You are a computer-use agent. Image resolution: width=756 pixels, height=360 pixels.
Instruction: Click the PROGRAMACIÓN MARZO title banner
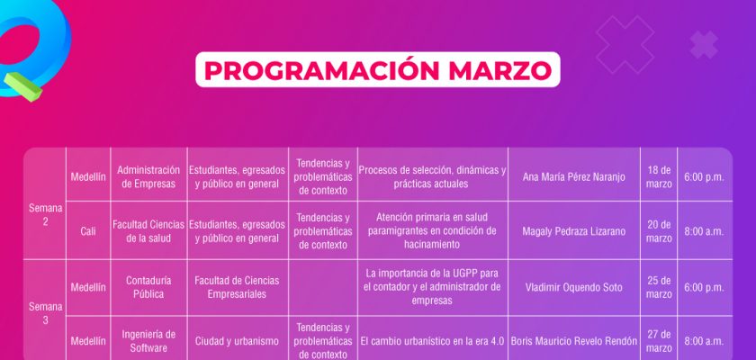click(x=377, y=70)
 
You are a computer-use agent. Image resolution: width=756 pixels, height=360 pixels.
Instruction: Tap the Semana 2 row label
click(x=45, y=215)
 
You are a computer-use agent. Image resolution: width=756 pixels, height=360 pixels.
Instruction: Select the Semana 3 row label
click(x=45, y=313)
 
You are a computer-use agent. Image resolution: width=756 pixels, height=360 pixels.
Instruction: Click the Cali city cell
click(x=88, y=231)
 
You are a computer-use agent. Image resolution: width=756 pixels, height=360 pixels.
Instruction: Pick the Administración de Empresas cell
click(x=148, y=177)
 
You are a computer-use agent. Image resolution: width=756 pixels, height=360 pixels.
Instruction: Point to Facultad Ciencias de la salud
click(x=148, y=231)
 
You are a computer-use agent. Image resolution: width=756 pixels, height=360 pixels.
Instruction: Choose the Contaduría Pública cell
click(x=148, y=287)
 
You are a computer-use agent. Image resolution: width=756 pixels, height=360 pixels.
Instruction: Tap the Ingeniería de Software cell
click(x=148, y=341)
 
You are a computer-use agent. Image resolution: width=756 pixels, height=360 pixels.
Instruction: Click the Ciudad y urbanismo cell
click(x=237, y=341)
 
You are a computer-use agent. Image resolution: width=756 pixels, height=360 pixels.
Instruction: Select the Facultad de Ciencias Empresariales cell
click(x=237, y=287)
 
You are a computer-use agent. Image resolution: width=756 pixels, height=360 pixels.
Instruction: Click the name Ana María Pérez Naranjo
click(x=574, y=177)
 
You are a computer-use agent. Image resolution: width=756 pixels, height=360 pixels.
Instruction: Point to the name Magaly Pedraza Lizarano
click(x=574, y=231)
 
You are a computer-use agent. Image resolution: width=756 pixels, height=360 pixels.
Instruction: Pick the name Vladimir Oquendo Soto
click(x=574, y=287)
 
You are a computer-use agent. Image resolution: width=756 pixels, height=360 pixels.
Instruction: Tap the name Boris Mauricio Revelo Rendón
click(x=574, y=341)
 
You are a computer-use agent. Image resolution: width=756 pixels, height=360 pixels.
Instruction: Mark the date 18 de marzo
click(x=659, y=177)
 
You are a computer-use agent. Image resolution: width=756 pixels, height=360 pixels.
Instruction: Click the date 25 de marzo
click(x=659, y=287)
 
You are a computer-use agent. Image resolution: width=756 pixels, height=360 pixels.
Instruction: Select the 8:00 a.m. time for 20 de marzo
click(x=704, y=231)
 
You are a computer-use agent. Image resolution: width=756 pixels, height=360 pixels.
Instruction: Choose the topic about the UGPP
click(x=432, y=287)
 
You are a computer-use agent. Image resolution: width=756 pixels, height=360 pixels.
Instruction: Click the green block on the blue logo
click(x=23, y=86)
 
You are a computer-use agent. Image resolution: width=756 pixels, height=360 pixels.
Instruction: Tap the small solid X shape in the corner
click(x=704, y=44)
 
